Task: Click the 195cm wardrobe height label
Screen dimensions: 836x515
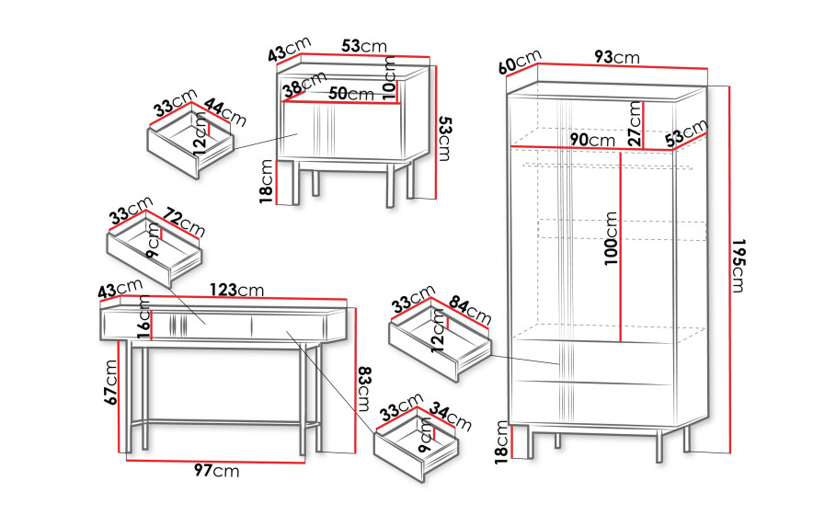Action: [738, 266]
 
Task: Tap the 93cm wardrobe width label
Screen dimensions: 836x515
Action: [617, 56]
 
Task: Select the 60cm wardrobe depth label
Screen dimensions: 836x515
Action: [521, 62]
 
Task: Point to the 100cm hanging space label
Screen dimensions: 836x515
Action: [611, 238]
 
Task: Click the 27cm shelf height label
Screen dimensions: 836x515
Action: [635, 123]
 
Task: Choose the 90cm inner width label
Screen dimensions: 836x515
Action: [592, 140]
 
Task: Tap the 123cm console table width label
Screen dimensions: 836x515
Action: [236, 290]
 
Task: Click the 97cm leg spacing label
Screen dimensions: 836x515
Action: [216, 470]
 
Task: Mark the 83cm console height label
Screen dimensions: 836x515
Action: [363, 389]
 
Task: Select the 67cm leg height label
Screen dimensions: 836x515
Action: [111, 383]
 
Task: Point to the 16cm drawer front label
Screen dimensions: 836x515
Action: [143, 317]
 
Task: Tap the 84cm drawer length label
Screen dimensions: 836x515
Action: [469, 310]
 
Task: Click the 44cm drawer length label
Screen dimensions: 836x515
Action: [225, 112]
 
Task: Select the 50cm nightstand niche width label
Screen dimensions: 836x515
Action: [350, 94]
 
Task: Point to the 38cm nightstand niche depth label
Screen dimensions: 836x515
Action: [304, 85]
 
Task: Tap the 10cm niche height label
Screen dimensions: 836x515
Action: [390, 78]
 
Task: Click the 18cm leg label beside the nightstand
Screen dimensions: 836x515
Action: [267, 182]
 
